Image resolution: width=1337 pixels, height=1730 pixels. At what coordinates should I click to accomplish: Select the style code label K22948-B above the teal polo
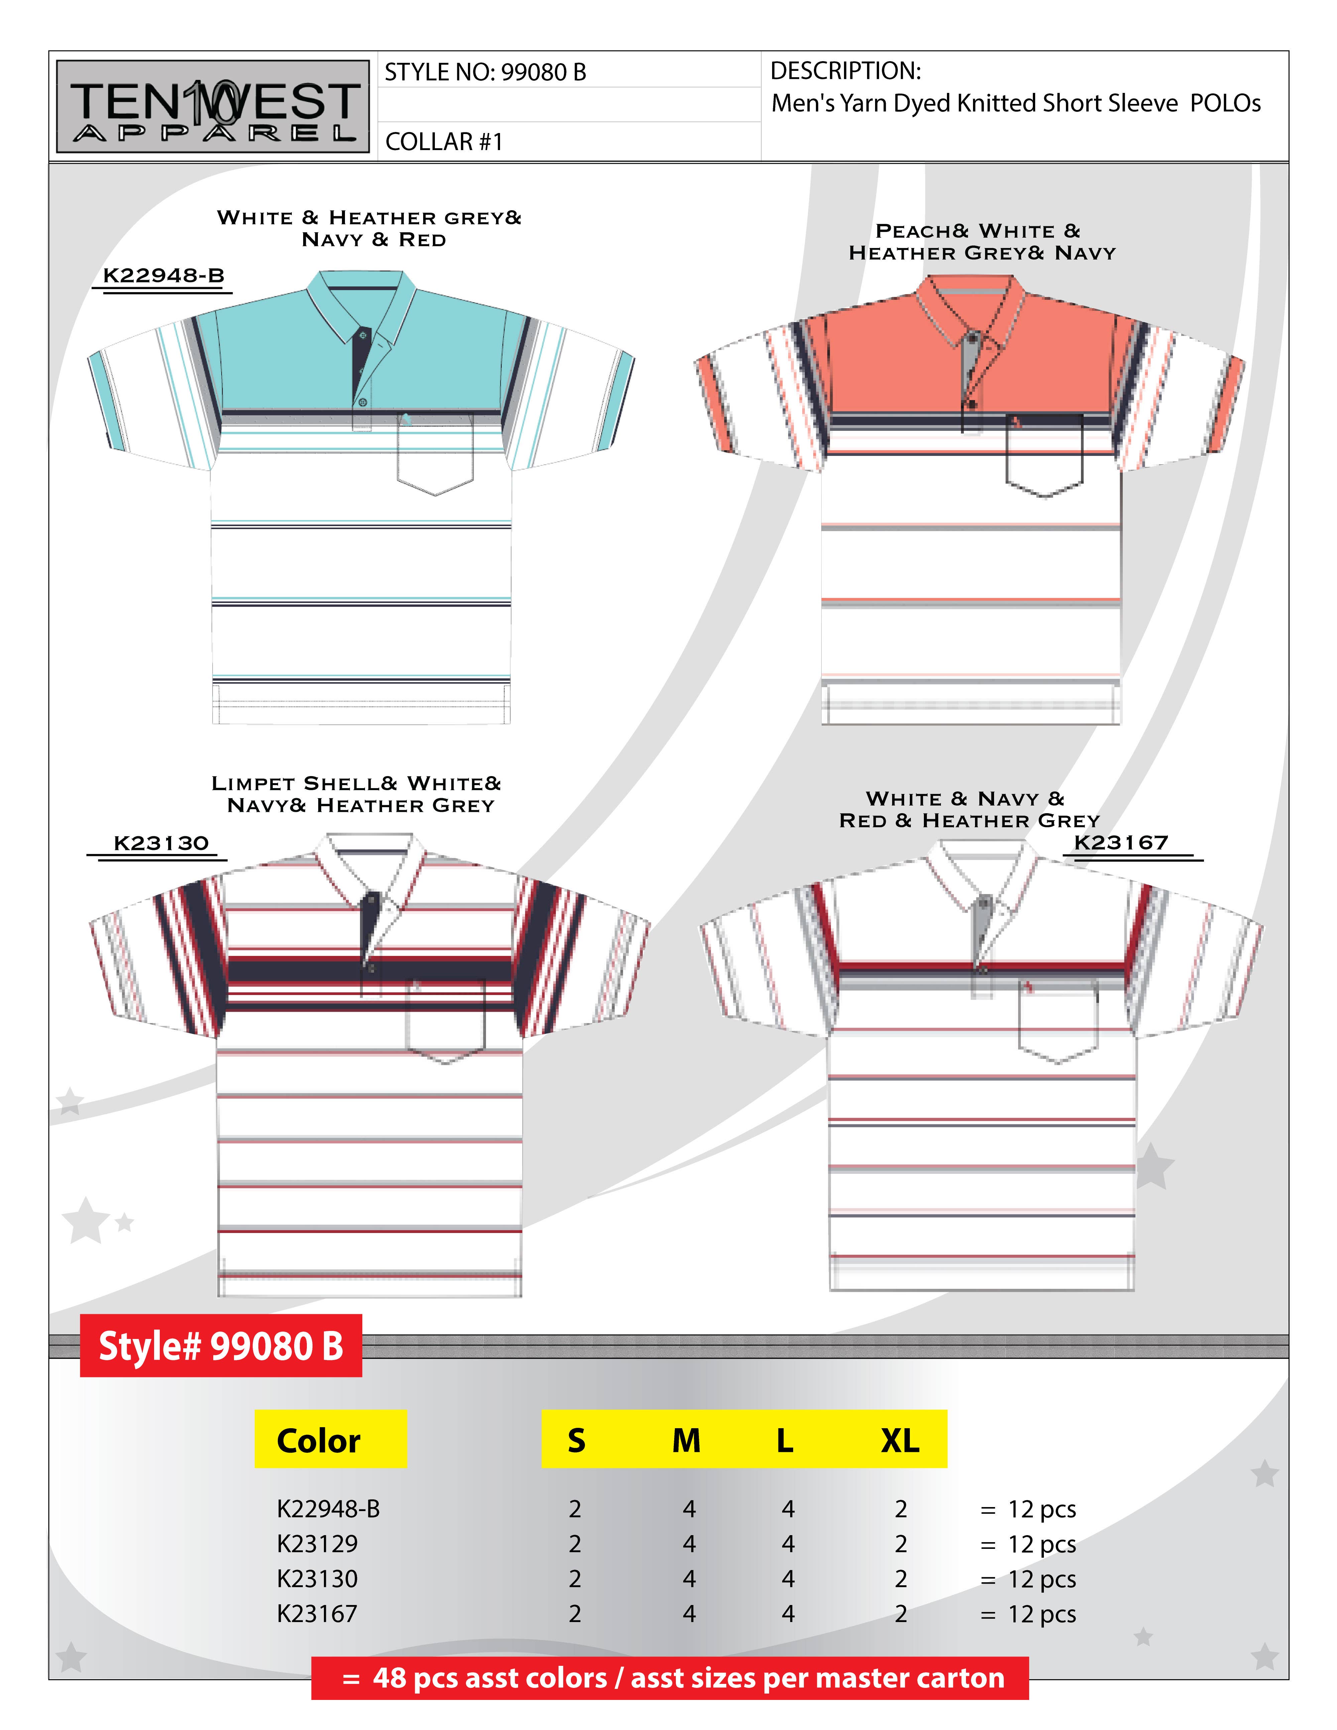[163, 276]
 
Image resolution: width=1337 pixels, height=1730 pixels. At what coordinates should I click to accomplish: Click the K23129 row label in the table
[317, 1544]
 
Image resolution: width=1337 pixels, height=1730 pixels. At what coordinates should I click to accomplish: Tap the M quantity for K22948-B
[688, 1509]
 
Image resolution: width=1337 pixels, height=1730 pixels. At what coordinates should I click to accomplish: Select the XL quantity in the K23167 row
[900, 1614]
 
